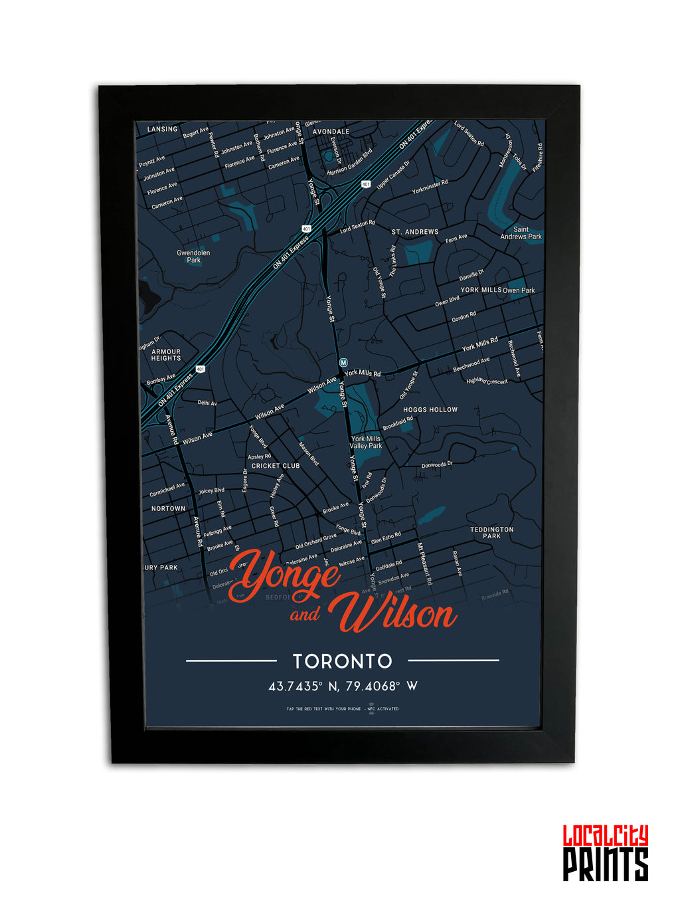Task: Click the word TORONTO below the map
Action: click(343, 661)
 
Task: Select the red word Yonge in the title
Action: click(286, 573)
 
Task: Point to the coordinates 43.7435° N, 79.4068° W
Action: click(343, 686)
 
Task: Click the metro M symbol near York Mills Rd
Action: click(343, 362)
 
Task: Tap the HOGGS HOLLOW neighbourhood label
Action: click(430, 410)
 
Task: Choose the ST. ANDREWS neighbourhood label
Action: click(415, 232)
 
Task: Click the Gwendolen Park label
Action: click(193, 256)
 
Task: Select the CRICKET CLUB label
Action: click(276, 466)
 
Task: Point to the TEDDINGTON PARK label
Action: click(492, 533)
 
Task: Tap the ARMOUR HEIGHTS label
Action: click(166, 355)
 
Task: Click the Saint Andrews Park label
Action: click(521, 233)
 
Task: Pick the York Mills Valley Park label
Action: click(366, 443)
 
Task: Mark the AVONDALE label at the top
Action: click(331, 132)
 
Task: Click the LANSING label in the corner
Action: click(163, 129)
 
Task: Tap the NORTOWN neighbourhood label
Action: click(169, 508)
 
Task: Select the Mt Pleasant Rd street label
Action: click(425, 565)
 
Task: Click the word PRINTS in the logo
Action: click(605, 864)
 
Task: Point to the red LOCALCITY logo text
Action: click(605, 835)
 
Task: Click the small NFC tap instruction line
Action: click(343, 709)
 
